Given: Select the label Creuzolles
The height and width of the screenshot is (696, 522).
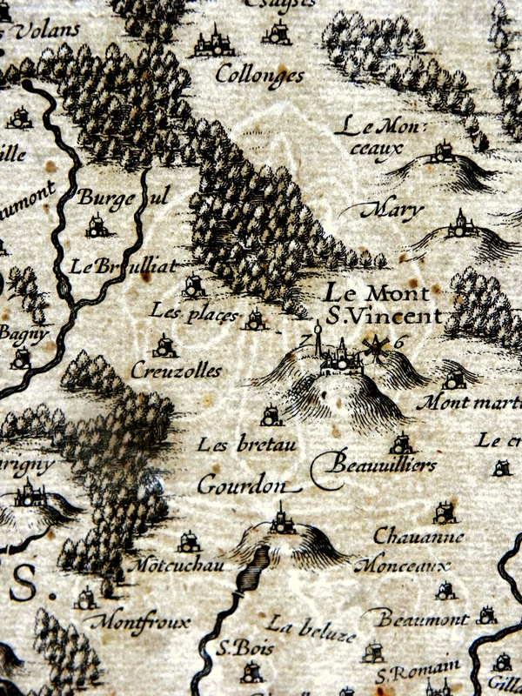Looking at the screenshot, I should click(x=177, y=371).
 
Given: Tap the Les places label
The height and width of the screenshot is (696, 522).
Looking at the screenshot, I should click(x=193, y=311).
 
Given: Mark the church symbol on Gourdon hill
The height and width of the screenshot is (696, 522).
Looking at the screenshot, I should click(x=281, y=520).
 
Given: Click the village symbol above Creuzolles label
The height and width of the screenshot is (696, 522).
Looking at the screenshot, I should click(x=164, y=348).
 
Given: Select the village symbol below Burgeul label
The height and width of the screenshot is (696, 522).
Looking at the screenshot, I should click(x=97, y=228).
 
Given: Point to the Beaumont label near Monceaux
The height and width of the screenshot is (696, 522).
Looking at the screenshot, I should click(x=422, y=619).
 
